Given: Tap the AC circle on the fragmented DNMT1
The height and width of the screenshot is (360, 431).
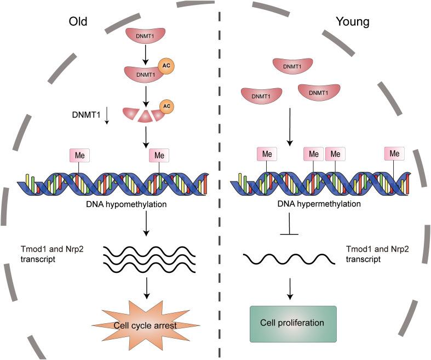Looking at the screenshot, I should point(168,105).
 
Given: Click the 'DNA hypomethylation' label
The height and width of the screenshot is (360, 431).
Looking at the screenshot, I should point(146,203).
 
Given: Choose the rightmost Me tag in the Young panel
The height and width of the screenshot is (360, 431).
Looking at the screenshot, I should point(394,154).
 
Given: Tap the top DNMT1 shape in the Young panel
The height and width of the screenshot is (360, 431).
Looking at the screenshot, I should point(292,66).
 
